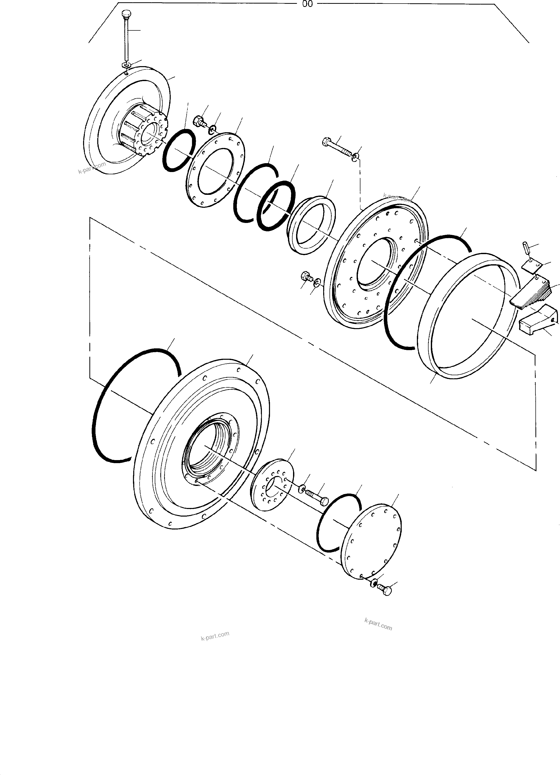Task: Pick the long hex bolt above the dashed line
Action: pos(338,148)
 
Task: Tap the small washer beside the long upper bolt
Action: pos(356,157)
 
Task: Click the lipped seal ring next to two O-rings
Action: pos(311,225)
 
